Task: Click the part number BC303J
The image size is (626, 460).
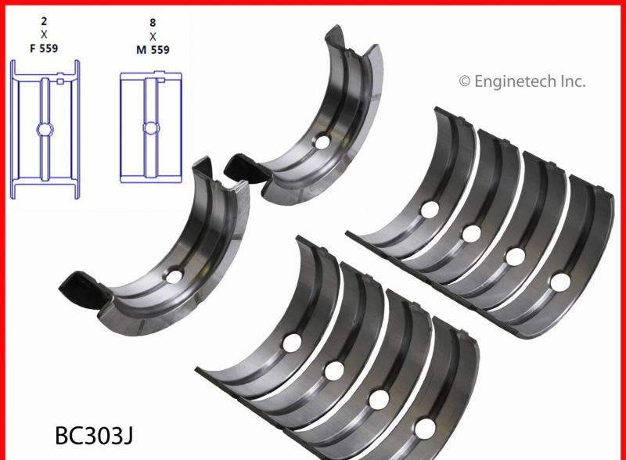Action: coord(94,436)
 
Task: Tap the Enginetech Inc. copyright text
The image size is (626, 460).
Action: coord(522,81)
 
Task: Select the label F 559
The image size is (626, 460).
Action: coord(44,49)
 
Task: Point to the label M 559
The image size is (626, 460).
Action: coord(153,50)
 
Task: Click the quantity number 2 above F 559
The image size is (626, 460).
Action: coord(44,21)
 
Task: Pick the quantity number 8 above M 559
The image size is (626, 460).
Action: coord(153,23)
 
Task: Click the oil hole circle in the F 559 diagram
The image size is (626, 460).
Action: coord(45,129)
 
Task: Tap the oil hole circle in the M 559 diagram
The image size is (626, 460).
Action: coord(151,128)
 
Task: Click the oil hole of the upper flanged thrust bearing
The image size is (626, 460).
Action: coord(322,142)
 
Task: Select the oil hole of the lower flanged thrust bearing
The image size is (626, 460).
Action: coord(174,276)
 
